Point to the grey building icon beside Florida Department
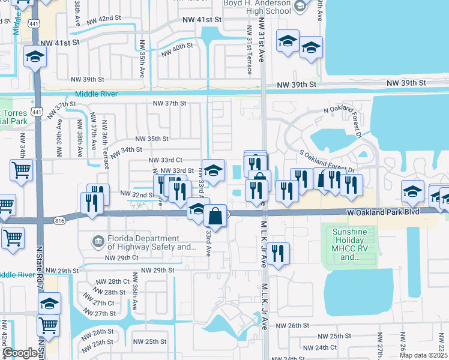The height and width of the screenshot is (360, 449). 98,242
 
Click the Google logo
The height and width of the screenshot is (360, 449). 20,353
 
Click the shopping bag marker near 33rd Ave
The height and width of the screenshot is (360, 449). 215,216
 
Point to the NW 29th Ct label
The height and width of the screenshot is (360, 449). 122,257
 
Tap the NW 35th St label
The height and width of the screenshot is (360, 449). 152,139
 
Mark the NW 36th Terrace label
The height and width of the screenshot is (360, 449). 104,139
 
